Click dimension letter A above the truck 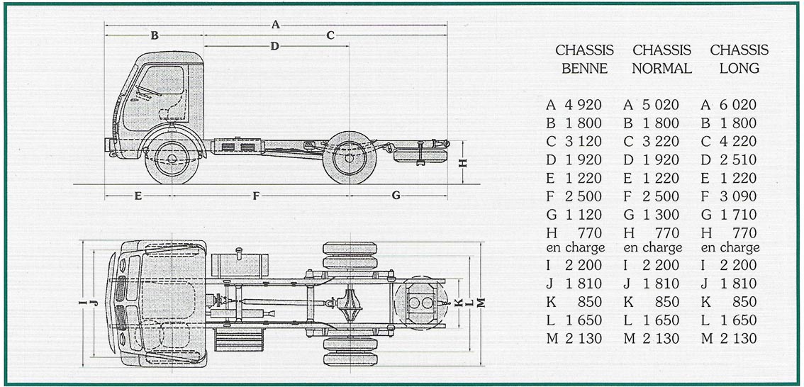click(x=276, y=24)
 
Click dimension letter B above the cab click(x=155, y=35)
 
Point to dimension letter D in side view click(x=275, y=46)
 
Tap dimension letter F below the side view click(x=256, y=196)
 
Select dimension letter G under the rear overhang click(x=396, y=196)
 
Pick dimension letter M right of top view click(x=481, y=303)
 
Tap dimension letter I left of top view click(x=82, y=303)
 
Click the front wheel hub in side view click(x=172, y=158)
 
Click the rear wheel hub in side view click(x=350, y=158)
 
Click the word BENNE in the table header click(x=584, y=68)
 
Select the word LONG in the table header click(x=739, y=68)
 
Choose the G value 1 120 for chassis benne click(x=583, y=215)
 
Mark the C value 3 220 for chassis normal click(x=659, y=142)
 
